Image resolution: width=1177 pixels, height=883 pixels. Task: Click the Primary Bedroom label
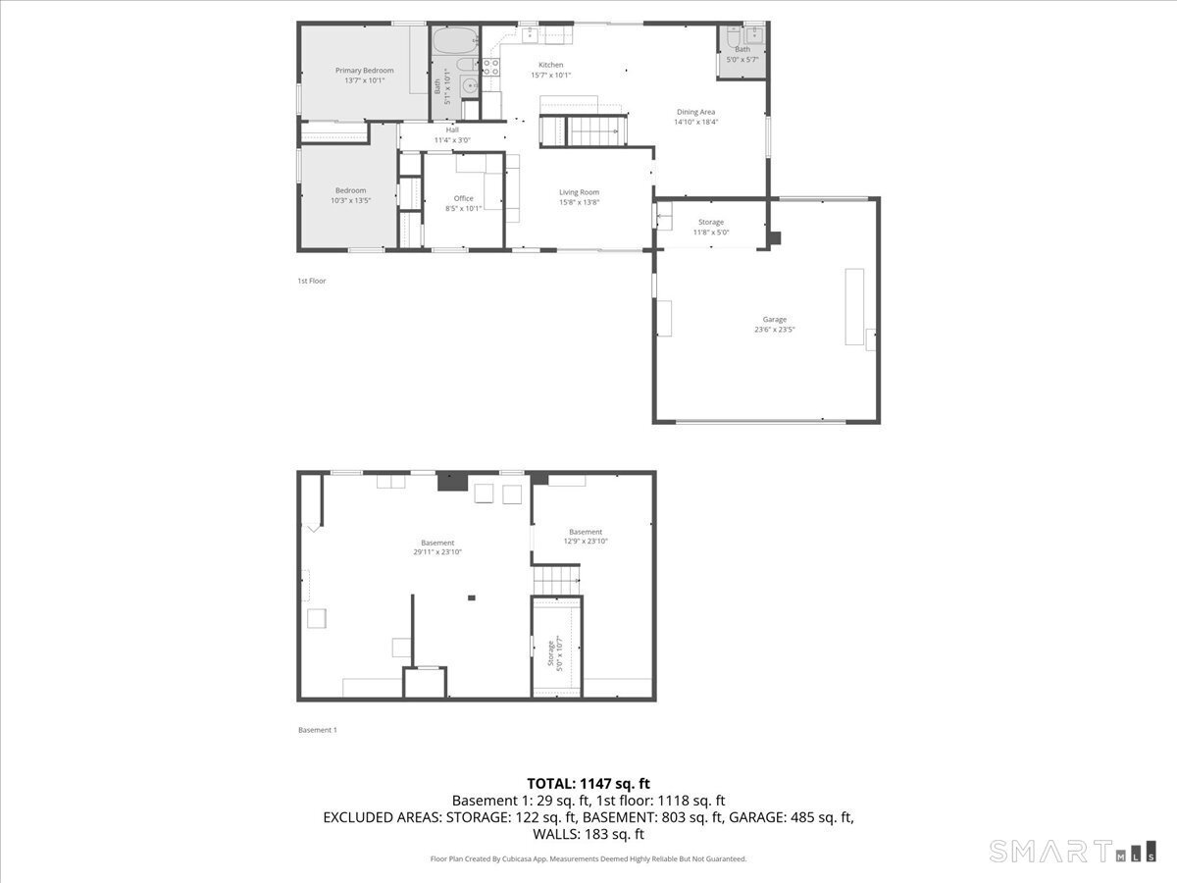point(364,71)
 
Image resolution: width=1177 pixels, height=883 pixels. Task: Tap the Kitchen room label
point(550,65)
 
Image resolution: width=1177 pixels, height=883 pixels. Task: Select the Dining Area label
point(695,112)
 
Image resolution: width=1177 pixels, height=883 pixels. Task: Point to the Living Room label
point(579,192)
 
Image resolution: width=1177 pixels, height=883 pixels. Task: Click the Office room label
point(463,198)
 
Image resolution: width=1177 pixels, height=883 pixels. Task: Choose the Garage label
point(774,319)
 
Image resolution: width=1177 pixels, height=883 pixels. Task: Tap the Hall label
point(452,130)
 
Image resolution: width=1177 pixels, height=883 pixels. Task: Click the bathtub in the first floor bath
point(454,42)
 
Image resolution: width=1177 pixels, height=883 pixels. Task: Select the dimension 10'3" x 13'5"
point(351,200)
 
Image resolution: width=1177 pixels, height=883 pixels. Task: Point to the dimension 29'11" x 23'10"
point(437,552)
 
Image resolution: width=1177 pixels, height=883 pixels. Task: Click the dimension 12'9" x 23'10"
point(586,542)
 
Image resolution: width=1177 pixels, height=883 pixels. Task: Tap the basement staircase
point(556,580)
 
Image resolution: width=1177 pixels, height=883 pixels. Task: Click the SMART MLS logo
point(1072,851)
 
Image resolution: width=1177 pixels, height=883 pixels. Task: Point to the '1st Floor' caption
point(311,281)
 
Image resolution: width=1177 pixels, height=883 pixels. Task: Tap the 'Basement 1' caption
point(317,730)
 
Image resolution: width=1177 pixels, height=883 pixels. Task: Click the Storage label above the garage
point(711,222)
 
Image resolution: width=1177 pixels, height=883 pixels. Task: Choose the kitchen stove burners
point(490,67)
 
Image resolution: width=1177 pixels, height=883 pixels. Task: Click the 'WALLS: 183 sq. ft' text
point(588,834)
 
